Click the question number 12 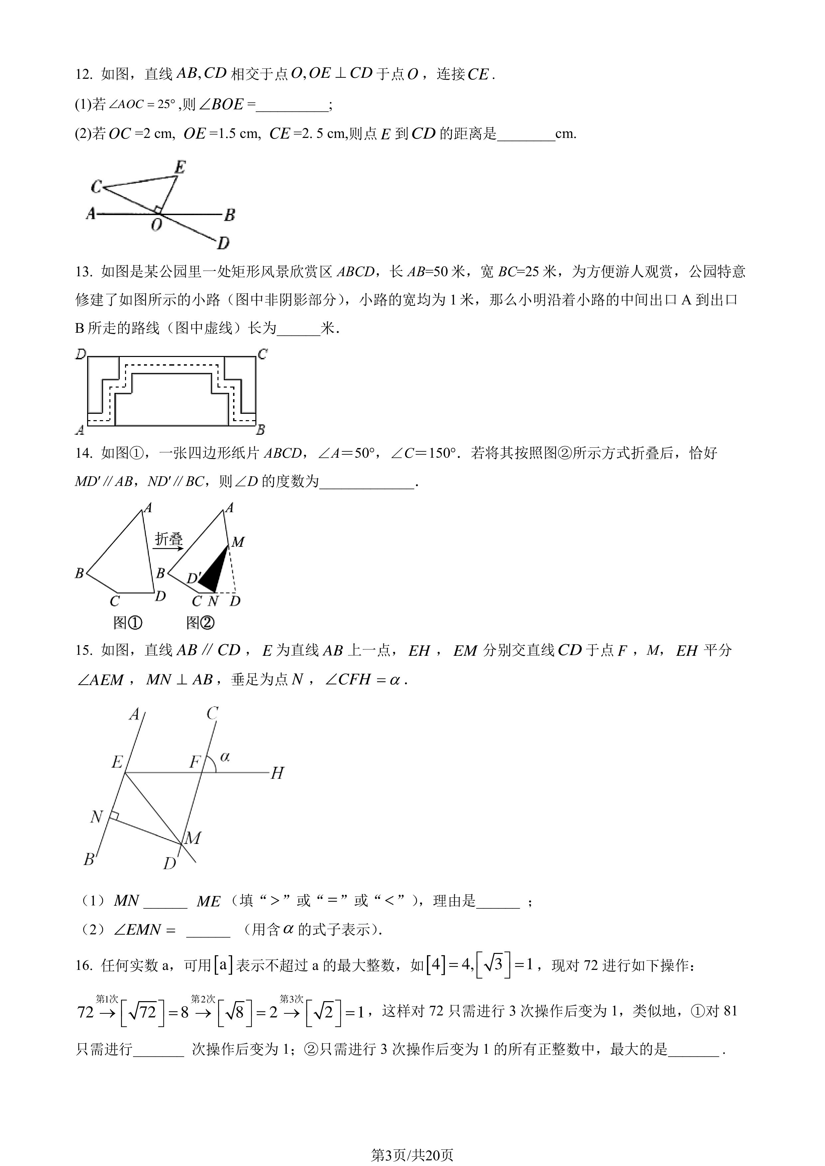[83, 74]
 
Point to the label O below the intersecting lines [157, 224]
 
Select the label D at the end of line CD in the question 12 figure [223, 243]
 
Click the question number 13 [83, 272]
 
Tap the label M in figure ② [238, 542]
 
